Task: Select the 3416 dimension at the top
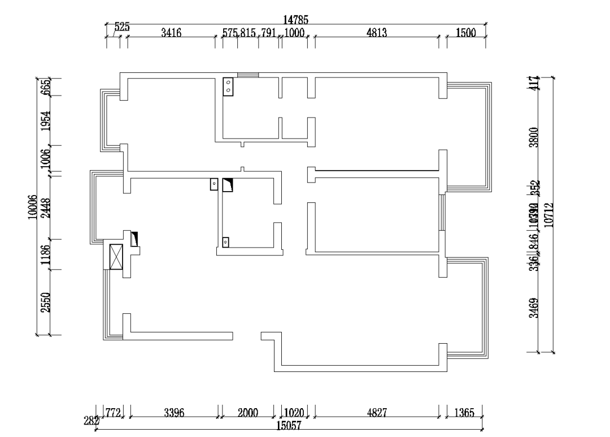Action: (171, 33)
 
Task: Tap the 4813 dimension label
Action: (377, 33)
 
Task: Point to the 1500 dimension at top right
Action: (466, 33)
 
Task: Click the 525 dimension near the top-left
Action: (122, 27)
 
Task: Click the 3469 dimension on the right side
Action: (533, 308)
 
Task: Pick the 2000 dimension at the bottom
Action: (247, 413)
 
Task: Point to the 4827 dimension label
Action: (377, 413)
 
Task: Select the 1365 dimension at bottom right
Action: (464, 413)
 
